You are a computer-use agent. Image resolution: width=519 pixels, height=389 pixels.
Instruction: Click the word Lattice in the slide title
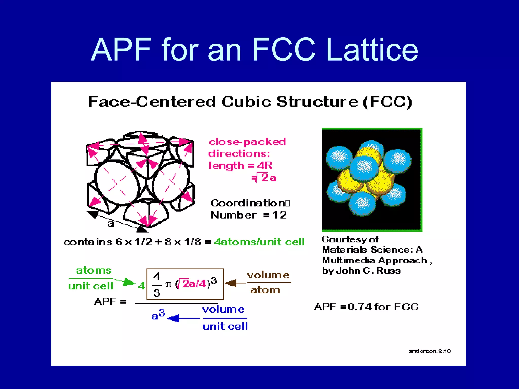tap(372, 50)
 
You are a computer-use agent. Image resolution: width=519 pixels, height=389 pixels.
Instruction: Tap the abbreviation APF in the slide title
tap(121, 50)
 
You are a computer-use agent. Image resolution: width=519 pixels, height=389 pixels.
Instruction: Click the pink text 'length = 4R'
tap(240, 166)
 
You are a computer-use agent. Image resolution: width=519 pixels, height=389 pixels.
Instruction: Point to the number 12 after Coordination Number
tap(280, 215)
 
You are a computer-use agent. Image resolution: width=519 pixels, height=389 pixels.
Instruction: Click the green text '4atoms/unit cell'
tap(259, 242)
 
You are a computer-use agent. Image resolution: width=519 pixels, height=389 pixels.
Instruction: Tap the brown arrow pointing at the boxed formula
tap(234, 283)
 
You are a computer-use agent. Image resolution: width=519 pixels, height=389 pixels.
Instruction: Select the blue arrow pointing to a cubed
tap(183, 318)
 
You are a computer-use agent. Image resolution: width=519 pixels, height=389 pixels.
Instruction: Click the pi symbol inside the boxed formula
tap(169, 284)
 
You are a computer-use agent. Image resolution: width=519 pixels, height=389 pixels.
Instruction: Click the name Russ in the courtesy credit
tap(388, 271)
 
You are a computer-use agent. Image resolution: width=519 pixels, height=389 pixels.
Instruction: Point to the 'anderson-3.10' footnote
tap(430, 351)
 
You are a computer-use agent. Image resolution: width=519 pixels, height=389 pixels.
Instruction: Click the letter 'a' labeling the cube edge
tap(110, 224)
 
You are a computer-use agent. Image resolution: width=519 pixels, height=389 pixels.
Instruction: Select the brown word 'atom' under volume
tap(265, 290)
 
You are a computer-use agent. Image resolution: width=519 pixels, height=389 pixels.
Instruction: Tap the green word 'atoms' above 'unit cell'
tap(94, 270)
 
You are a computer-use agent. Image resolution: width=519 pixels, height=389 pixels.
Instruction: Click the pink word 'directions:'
tap(239, 154)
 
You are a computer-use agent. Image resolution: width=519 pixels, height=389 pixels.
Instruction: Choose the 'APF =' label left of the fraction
tap(110, 302)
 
